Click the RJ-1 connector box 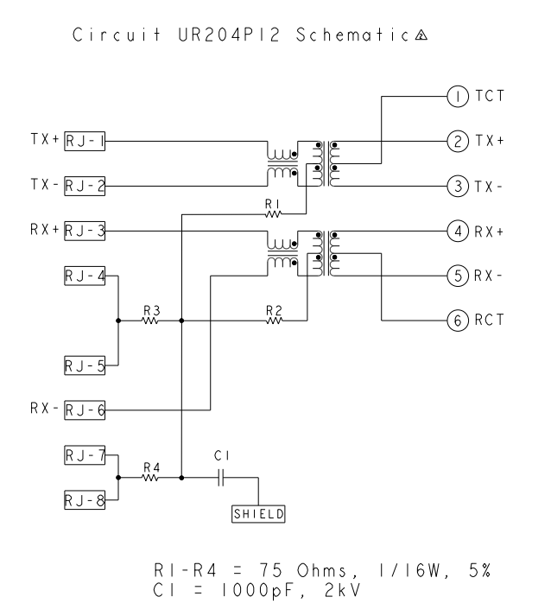pos(85,139)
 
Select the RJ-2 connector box pos(85,185)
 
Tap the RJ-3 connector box pos(85,231)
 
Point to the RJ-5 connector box pos(85,366)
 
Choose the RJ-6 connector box pos(85,411)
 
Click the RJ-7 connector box pos(85,454)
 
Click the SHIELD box pos(258,513)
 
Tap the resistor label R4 pos(151,465)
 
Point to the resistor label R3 pos(151,308)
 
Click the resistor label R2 pos(275,308)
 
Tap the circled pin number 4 pos(456,231)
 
